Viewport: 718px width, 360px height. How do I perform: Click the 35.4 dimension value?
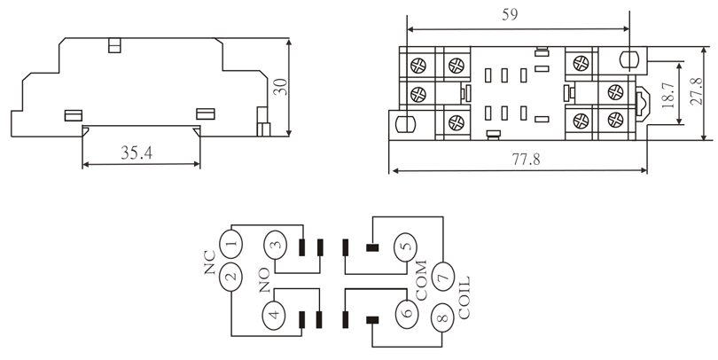click(137, 153)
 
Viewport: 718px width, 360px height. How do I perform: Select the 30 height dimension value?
click(280, 87)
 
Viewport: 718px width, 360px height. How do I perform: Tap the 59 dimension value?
click(510, 15)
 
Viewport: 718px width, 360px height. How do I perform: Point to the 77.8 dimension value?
click(526, 159)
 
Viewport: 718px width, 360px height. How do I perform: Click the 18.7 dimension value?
click(668, 95)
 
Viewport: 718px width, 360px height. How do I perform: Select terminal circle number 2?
click(231, 278)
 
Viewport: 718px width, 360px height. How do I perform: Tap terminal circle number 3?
click(275, 245)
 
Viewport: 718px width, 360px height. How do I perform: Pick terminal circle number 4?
click(273, 315)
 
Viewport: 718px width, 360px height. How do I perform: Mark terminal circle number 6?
click(407, 314)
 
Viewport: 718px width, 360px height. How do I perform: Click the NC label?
click(209, 262)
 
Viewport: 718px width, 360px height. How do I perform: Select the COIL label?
click(464, 297)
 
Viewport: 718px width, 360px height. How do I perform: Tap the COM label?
click(420, 280)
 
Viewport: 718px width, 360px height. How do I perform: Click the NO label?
click(264, 280)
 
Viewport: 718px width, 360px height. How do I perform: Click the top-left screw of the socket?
click(418, 66)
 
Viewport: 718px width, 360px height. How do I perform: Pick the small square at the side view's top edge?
click(114, 45)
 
